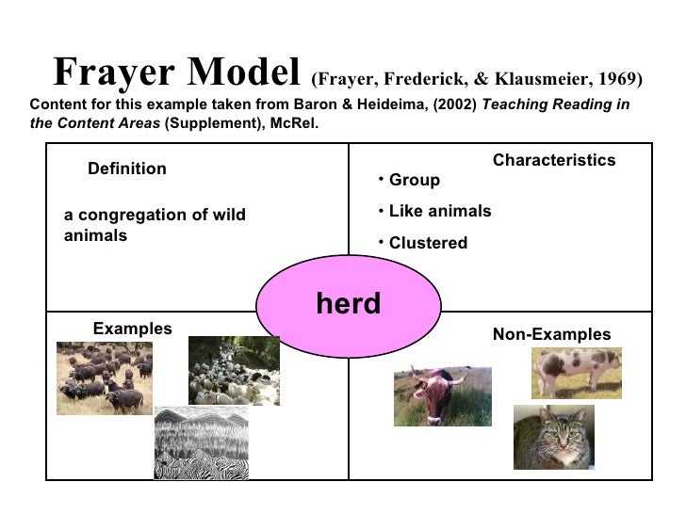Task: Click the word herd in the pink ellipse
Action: [x=348, y=303]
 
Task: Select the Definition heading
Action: [x=126, y=169]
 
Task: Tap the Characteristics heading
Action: [x=553, y=161]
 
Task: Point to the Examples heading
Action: [x=132, y=329]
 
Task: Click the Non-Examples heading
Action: [x=551, y=334]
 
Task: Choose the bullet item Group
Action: [x=414, y=180]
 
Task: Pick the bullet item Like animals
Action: [x=439, y=211]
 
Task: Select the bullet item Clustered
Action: [x=427, y=243]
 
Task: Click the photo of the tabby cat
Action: [x=553, y=437]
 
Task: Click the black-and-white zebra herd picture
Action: [x=201, y=442]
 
